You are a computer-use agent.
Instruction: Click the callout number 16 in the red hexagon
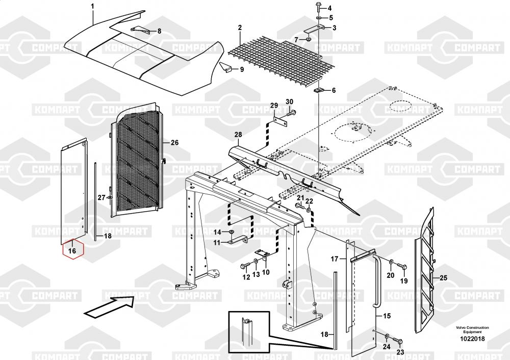72,251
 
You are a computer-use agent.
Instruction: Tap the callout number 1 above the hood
92,6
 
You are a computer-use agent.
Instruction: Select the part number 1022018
472,339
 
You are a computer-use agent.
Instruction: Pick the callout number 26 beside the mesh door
174,142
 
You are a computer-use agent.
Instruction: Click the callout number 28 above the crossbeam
238,134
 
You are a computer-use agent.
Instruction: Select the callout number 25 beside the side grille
444,278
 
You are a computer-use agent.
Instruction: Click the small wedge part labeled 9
225,67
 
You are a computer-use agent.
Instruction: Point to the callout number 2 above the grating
240,28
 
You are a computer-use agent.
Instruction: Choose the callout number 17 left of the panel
335,259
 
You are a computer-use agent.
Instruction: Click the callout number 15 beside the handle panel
387,316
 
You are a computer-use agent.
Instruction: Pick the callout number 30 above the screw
290,101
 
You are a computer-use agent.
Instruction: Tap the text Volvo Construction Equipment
472,330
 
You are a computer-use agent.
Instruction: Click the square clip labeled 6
318,90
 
